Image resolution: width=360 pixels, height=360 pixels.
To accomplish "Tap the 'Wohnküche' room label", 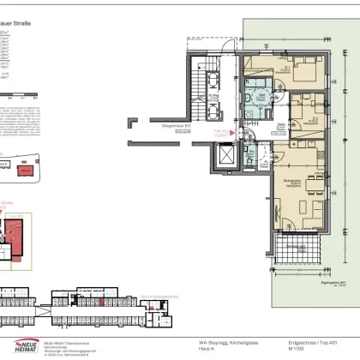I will tap(292, 182).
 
